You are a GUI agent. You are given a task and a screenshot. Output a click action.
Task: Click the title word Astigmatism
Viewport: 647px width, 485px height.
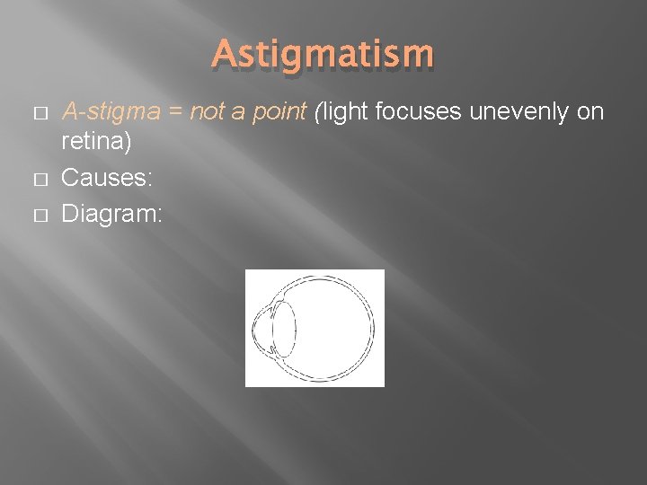[x=323, y=54]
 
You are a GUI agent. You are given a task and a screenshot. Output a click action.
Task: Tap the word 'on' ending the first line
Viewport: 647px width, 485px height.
[x=589, y=113]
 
